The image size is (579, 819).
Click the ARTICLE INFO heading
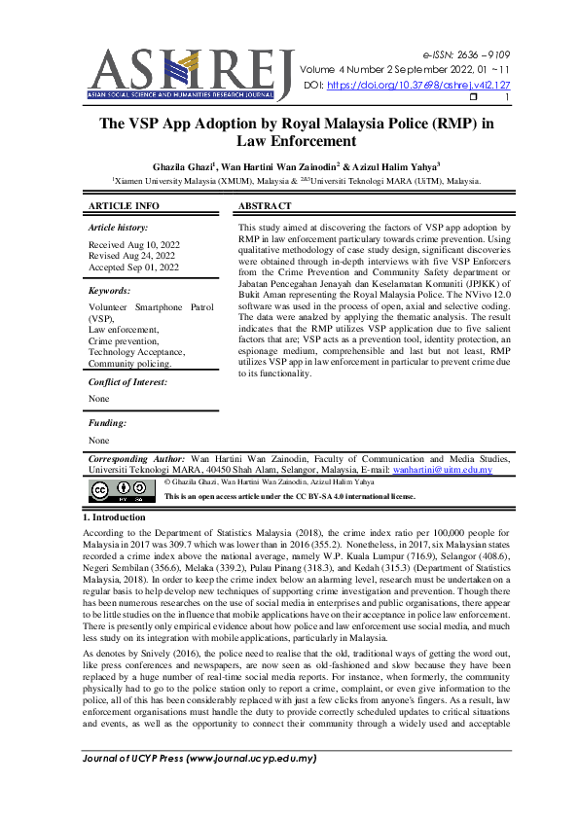(x=124, y=206)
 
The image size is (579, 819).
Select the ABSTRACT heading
(x=265, y=206)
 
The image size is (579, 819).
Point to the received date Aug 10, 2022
(x=133, y=245)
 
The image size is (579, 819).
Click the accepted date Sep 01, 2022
(x=134, y=267)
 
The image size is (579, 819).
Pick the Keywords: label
(x=110, y=291)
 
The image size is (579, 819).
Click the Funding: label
(x=108, y=423)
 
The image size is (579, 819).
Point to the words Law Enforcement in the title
(x=289, y=142)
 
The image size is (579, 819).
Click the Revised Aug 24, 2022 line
(x=133, y=256)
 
